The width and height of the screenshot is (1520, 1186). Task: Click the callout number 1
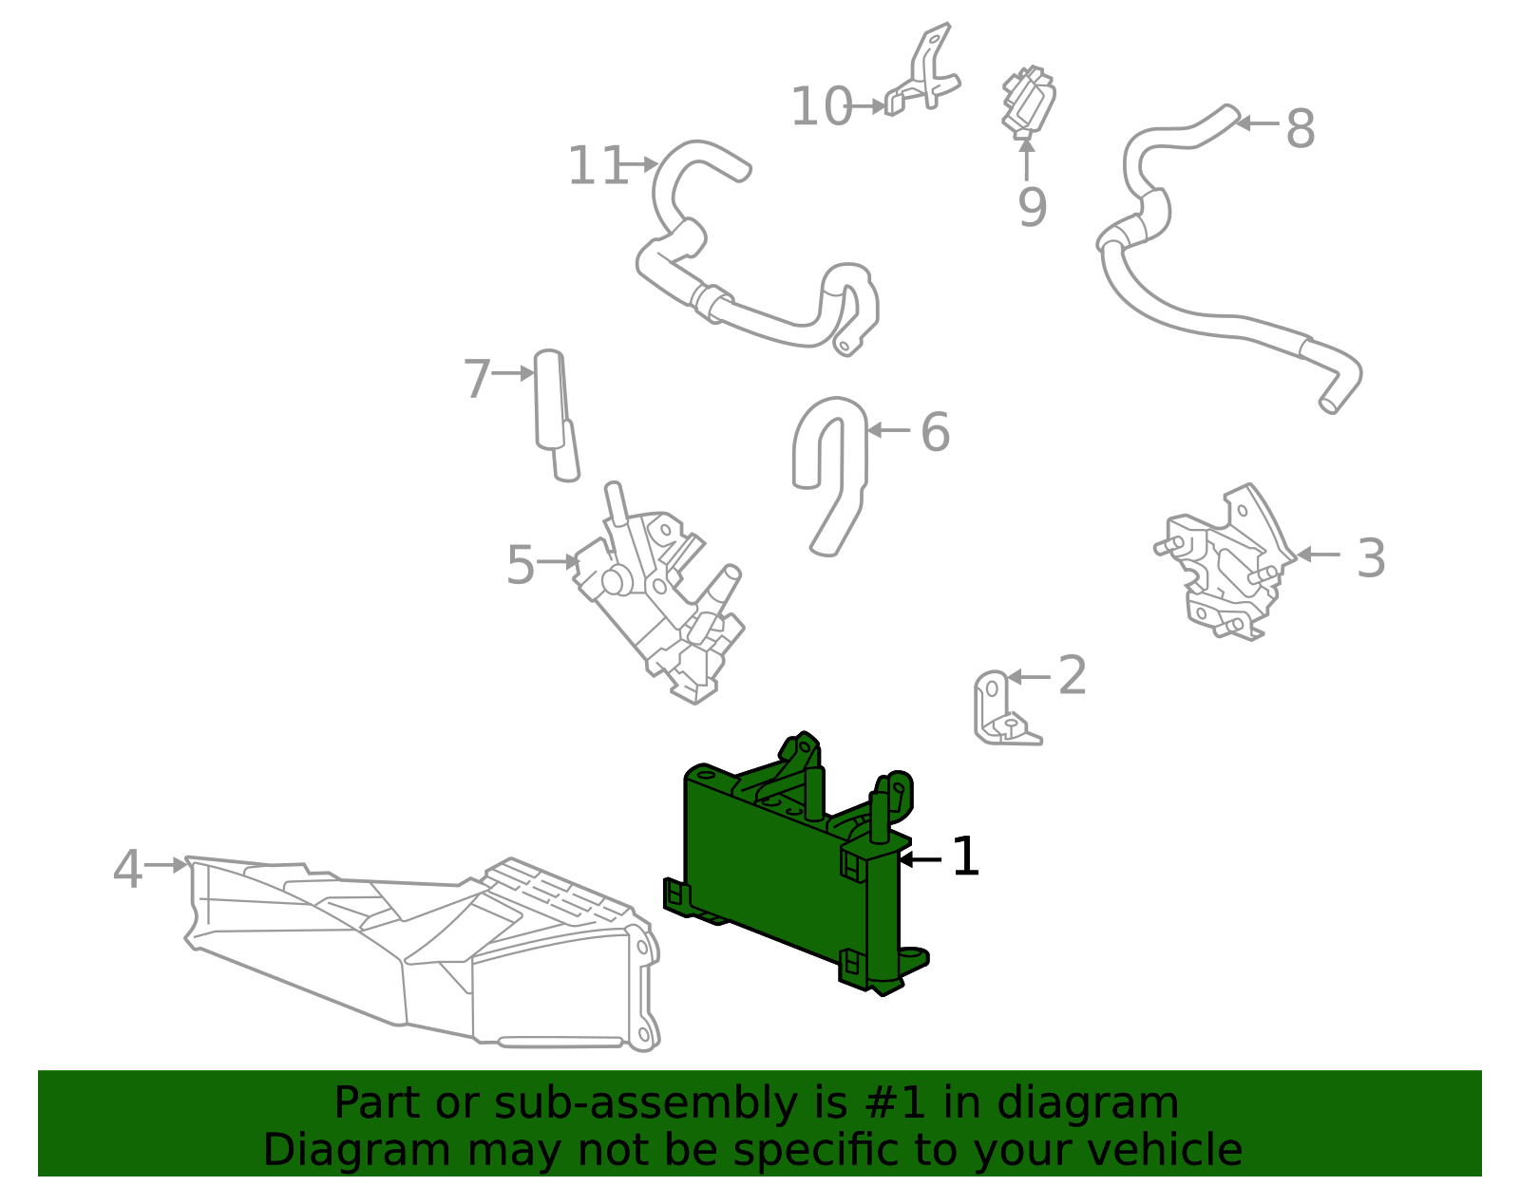[x=965, y=857]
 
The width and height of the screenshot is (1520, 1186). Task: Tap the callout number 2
[x=1072, y=676]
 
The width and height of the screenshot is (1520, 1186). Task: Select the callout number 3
[x=1370, y=558]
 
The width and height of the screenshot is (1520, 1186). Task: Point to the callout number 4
[x=127, y=870]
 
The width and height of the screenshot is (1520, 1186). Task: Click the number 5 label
[x=520, y=566]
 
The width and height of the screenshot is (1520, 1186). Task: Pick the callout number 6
[x=935, y=433]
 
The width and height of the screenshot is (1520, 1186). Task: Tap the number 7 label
[x=476, y=380]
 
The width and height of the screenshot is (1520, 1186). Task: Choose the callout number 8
[x=1300, y=129]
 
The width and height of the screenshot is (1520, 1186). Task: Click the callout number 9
[x=1032, y=208]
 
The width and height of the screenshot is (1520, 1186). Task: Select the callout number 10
[x=821, y=107]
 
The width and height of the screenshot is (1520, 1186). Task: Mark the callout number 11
[x=597, y=167]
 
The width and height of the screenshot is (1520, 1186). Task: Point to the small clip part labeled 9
[x=1027, y=101]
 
